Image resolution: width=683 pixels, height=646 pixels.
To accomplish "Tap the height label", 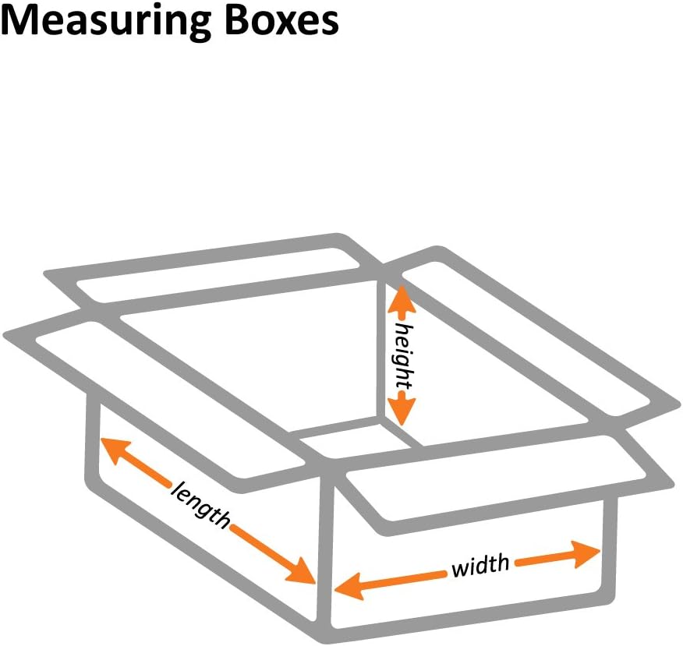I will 402,355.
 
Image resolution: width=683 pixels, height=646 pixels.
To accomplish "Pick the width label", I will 480,564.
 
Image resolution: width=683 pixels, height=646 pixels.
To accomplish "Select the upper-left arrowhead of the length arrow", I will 114,450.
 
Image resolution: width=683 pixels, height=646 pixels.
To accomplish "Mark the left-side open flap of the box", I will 156,390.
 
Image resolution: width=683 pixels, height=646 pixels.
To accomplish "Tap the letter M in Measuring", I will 20,22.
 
